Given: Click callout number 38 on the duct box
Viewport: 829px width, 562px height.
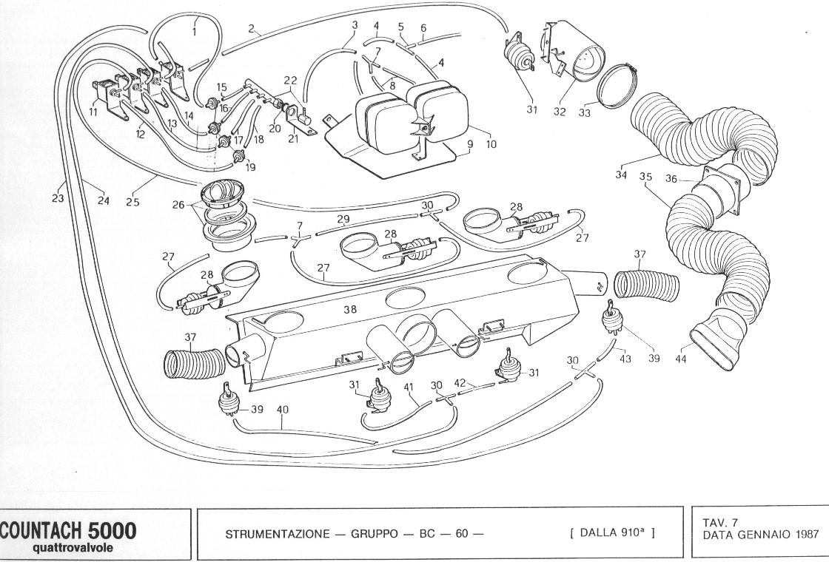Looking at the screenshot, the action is (350, 310).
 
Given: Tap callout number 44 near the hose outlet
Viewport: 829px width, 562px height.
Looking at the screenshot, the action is (681, 359).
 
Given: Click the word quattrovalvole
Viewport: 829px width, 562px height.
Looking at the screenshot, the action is (73, 548).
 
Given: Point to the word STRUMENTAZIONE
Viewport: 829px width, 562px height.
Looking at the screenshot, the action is (277, 534).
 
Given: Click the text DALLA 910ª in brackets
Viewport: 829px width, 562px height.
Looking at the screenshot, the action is (613, 532).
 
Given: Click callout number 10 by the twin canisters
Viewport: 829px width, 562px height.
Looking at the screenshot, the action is (491, 143).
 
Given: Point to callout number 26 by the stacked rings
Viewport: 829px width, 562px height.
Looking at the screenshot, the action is (178, 204).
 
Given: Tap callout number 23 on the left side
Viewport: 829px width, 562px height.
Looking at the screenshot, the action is (58, 198).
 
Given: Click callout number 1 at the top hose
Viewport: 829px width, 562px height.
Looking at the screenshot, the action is (194, 32).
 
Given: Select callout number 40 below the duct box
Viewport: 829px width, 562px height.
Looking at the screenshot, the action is (282, 410).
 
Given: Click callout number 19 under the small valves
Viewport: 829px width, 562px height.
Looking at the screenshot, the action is (250, 167).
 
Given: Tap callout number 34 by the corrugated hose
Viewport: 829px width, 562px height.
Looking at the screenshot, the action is (621, 175).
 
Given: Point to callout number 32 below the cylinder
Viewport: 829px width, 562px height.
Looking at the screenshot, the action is (560, 112).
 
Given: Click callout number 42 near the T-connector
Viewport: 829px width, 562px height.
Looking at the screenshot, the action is (460, 383).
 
